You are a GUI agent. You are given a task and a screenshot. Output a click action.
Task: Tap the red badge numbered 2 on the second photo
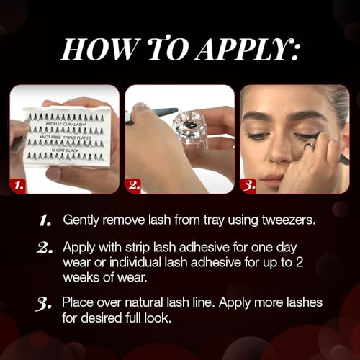(x=133, y=186)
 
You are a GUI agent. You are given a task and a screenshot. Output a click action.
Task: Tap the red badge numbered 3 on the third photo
(x=249, y=186)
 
